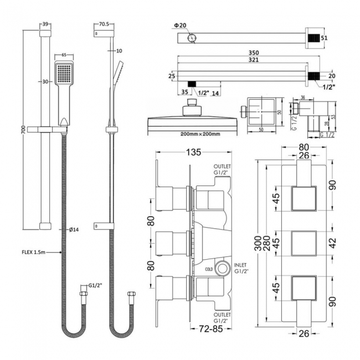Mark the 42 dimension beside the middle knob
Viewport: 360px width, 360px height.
click(331, 241)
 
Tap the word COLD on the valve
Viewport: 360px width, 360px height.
click(208, 270)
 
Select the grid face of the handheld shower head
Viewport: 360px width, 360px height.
click(64, 73)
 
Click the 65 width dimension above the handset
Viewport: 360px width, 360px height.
click(64, 56)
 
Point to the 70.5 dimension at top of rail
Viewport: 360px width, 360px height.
click(104, 24)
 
